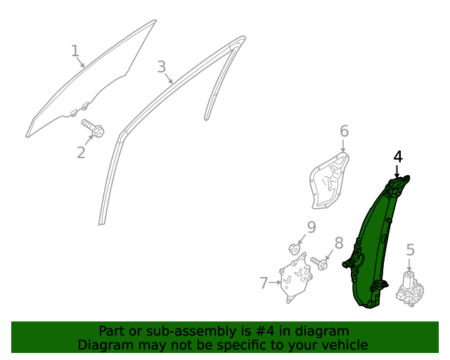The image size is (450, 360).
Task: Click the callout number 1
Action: coord(75,51)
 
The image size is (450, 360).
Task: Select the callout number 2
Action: coord(82,153)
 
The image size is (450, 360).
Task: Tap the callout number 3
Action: coord(162,67)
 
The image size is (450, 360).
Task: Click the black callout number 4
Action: coord(398,157)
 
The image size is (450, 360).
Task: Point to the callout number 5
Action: coord(411,250)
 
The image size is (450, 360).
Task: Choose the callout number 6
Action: coord(345,131)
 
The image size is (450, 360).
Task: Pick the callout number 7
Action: coord(264,283)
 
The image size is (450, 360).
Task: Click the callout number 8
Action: coord(339,243)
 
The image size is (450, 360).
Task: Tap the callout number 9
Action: coord(311,227)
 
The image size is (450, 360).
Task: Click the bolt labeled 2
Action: coord(93,128)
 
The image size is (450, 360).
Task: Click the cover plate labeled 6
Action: coord(330,181)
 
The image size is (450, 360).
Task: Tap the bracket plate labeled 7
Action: coord(295,277)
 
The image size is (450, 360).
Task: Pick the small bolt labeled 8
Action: coord(319,263)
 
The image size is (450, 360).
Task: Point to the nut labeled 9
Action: coord(294,249)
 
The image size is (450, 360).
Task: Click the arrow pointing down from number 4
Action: coord(397,172)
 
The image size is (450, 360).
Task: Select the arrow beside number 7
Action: coord(275,283)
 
